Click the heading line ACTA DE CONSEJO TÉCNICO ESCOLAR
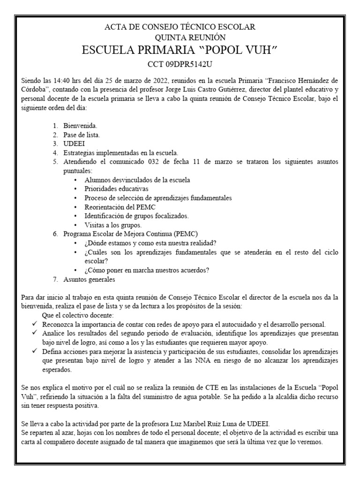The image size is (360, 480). (x=180, y=27)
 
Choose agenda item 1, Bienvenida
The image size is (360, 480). (x=80, y=126)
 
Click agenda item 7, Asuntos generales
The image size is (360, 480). (x=89, y=279)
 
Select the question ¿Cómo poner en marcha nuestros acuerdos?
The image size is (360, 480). (x=147, y=270)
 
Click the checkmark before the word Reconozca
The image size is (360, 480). (x=35, y=324)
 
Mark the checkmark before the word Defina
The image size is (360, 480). (x=35, y=352)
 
